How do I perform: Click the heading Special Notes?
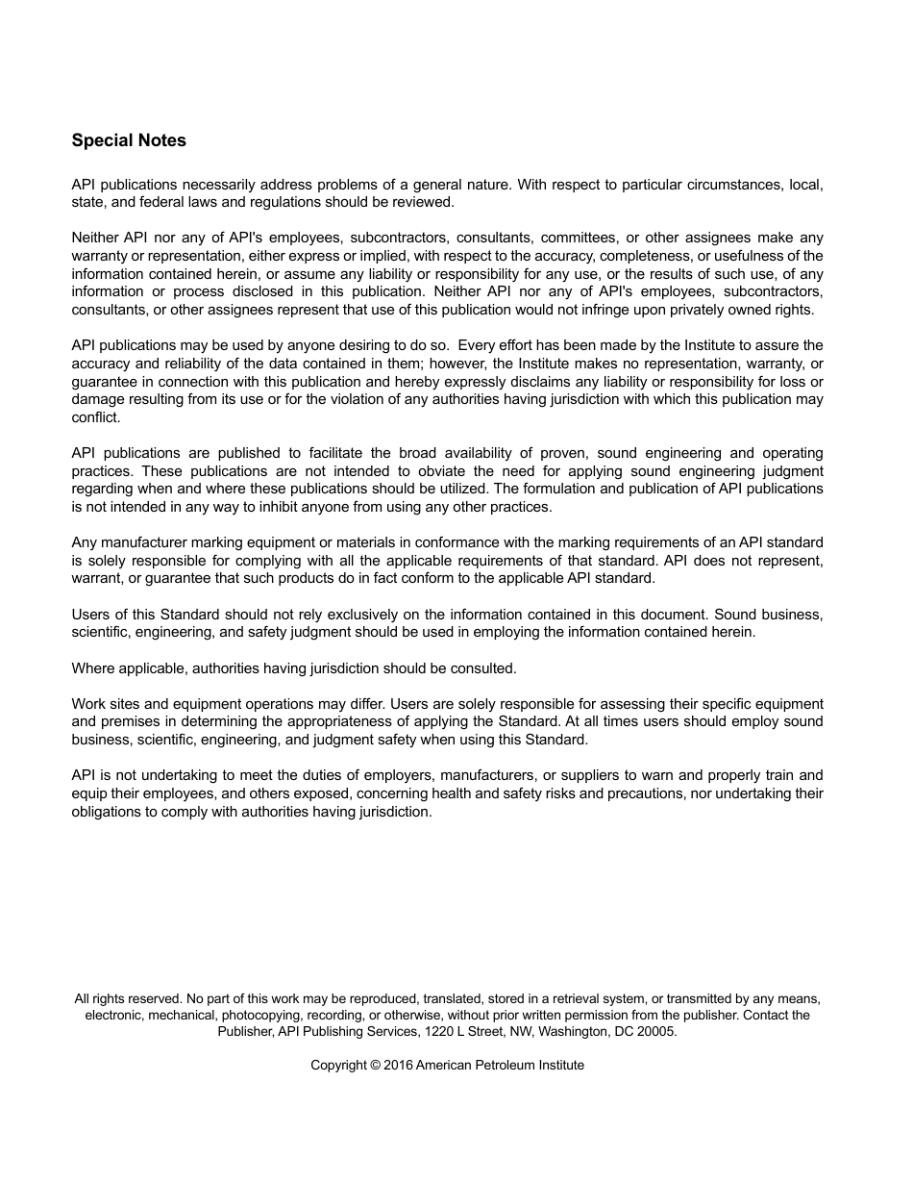pos(129,140)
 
